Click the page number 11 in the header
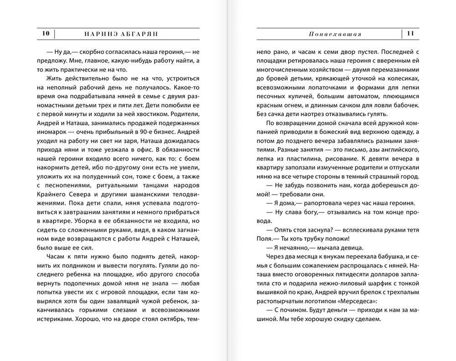(x=410, y=33)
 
